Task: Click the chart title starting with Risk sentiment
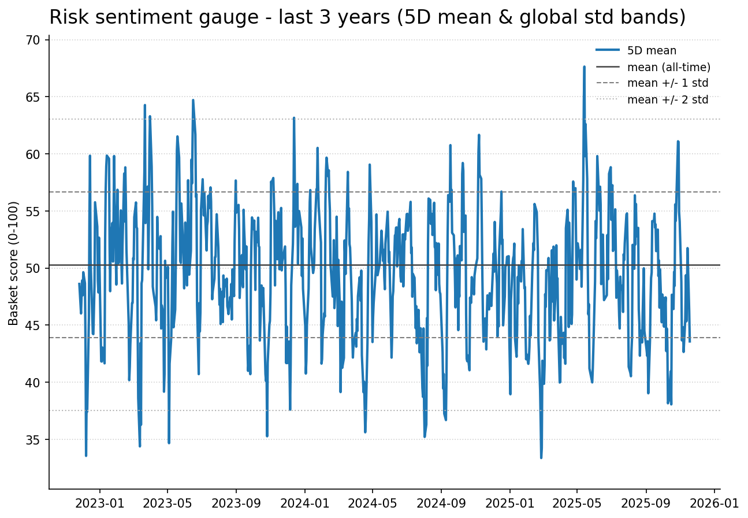point(367,17)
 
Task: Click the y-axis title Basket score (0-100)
point(14,263)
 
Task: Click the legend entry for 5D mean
point(652,51)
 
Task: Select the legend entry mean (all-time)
point(668,67)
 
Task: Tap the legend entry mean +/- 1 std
point(667,83)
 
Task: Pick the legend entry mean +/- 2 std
point(667,99)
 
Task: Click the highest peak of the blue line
point(584,66)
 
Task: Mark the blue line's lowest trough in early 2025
point(541,457)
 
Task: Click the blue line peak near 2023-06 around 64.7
point(193,100)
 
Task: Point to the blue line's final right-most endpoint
point(690,341)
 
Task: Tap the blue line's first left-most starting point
point(79,283)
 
